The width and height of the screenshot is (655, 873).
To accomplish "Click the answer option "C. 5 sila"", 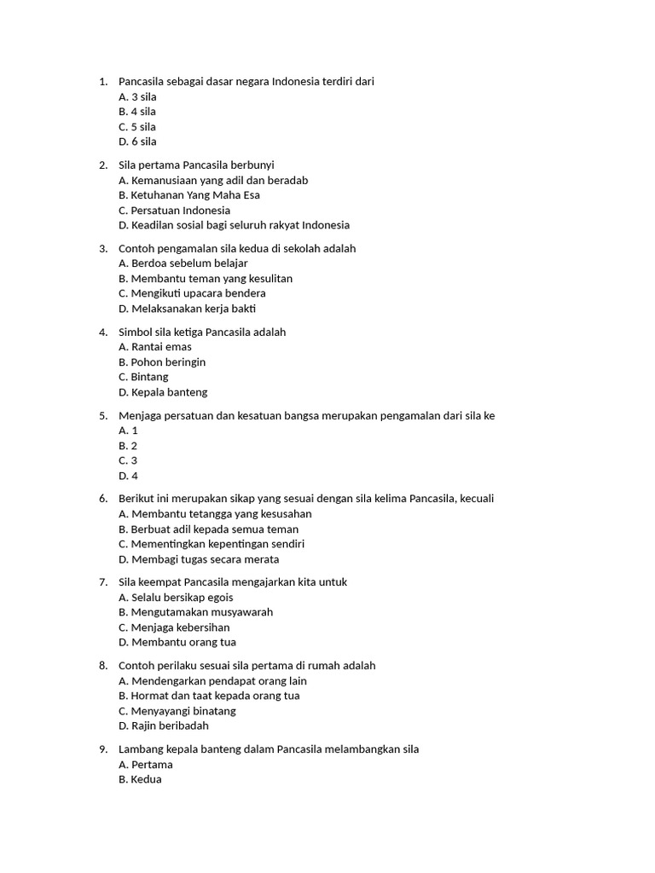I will pos(137,127).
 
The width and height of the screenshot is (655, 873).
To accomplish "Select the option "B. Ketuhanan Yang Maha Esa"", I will pos(189,195).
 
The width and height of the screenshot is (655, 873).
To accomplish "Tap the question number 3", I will pos(102,249).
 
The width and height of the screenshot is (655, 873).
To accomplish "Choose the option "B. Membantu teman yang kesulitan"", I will pos(206,279).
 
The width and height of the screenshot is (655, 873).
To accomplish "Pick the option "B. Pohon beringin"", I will pos(162,362).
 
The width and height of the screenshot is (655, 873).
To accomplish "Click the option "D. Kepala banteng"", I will pos(163,392).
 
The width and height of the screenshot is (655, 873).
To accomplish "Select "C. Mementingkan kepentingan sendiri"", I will pos(212,544).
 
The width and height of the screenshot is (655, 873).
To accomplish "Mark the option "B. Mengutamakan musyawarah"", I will pos(196,612).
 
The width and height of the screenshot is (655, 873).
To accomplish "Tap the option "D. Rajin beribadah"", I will pos(164,726).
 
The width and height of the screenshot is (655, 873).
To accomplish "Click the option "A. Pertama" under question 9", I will pos(146,765).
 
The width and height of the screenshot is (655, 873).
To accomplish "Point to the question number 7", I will pos(102,582).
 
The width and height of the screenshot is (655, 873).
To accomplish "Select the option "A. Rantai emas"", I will pos(155,347).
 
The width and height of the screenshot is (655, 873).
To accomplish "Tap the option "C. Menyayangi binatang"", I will pos(177,711).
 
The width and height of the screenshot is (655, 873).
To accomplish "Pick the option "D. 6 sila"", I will pos(137,142).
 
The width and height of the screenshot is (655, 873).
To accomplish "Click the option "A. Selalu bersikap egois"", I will pos(176,598).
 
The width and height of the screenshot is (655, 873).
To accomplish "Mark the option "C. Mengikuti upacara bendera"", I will pos(192,293).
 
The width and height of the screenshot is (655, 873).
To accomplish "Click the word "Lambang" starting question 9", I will pos(140,749).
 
